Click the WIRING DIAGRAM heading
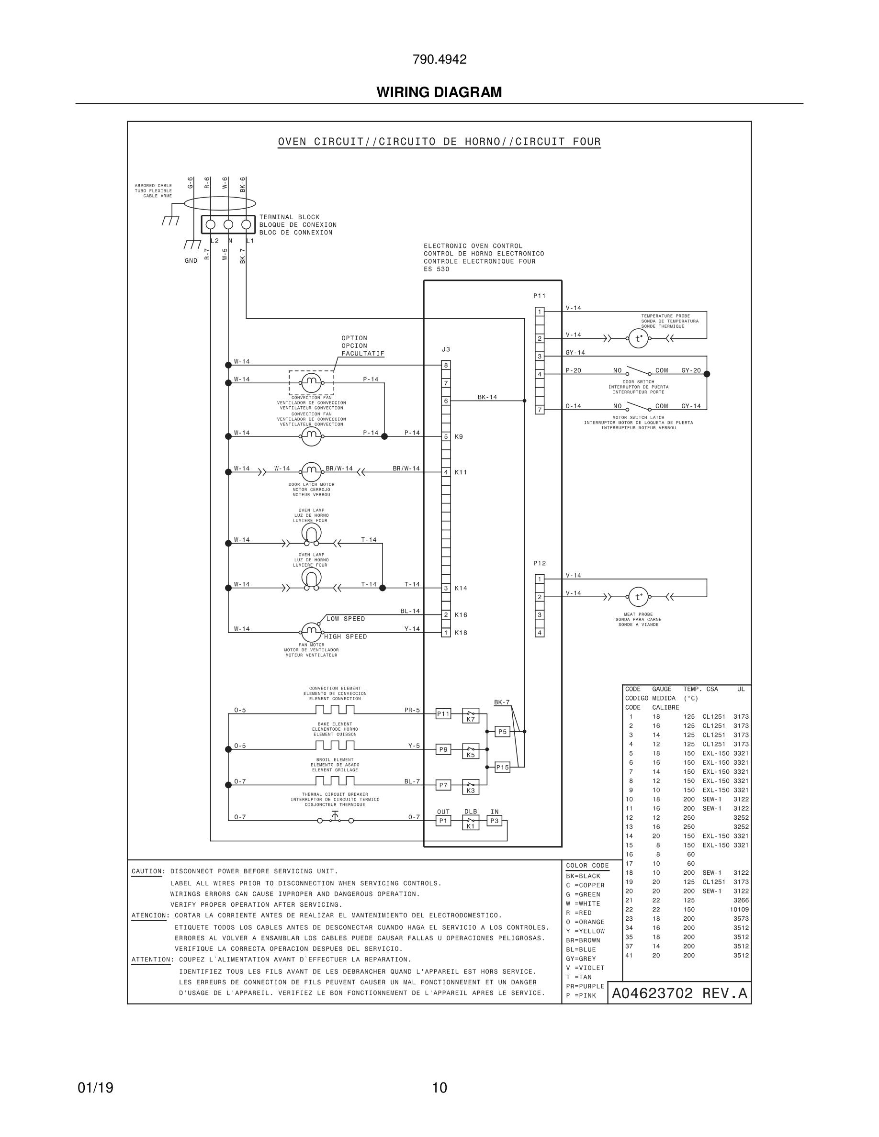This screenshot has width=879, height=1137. [x=439, y=92]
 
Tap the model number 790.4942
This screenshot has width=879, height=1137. [x=439, y=59]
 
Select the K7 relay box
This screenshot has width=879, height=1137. [x=471, y=716]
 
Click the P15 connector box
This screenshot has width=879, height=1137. [x=502, y=768]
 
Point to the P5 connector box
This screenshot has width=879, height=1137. [x=502, y=732]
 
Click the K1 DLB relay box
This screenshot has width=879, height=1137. [x=471, y=823]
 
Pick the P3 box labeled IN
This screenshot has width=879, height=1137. [x=494, y=821]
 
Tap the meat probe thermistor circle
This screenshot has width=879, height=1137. [x=638, y=597]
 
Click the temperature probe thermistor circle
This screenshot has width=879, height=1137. [x=638, y=338]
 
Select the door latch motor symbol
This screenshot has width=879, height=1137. [x=311, y=472]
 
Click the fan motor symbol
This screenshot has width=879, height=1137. [x=311, y=633]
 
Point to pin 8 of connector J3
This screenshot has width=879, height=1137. [x=446, y=366]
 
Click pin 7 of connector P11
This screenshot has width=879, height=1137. [x=540, y=410]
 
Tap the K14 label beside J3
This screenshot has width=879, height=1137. [x=461, y=588]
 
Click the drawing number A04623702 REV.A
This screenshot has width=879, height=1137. [x=679, y=993]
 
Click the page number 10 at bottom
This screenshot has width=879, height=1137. [x=439, y=1088]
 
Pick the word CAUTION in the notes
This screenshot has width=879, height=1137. [x=147, y=871]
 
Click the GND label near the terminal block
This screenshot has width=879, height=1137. [x=191, y=261]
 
